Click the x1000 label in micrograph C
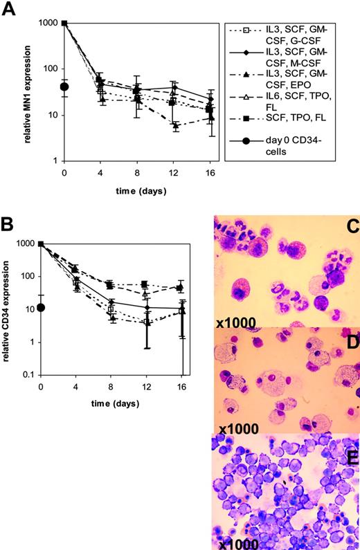click(235, 322)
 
